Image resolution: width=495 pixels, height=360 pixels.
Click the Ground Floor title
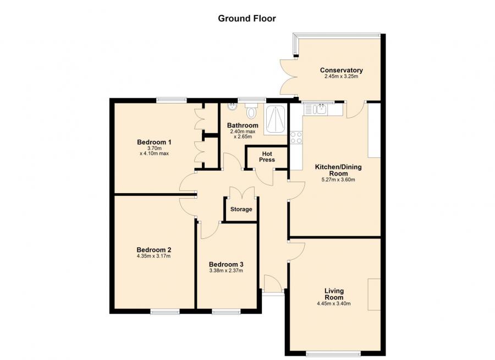coord(247,18)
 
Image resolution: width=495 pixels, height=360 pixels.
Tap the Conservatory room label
coord(341,70)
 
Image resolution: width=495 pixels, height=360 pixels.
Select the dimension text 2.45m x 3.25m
coord(341,77)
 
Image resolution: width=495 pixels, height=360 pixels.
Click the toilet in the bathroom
coord(252,112)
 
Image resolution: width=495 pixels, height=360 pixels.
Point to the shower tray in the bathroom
coord(274,119)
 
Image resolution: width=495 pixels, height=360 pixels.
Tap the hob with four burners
coord(296,138)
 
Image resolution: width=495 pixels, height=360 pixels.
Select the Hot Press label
coord(267,157)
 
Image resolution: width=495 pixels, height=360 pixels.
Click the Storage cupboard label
coord(241,209)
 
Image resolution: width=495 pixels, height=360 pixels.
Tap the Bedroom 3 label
coord(227,264)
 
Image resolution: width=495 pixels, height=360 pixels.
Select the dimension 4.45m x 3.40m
coord(334,303)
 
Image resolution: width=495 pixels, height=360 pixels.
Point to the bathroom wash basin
coord(233,105)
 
